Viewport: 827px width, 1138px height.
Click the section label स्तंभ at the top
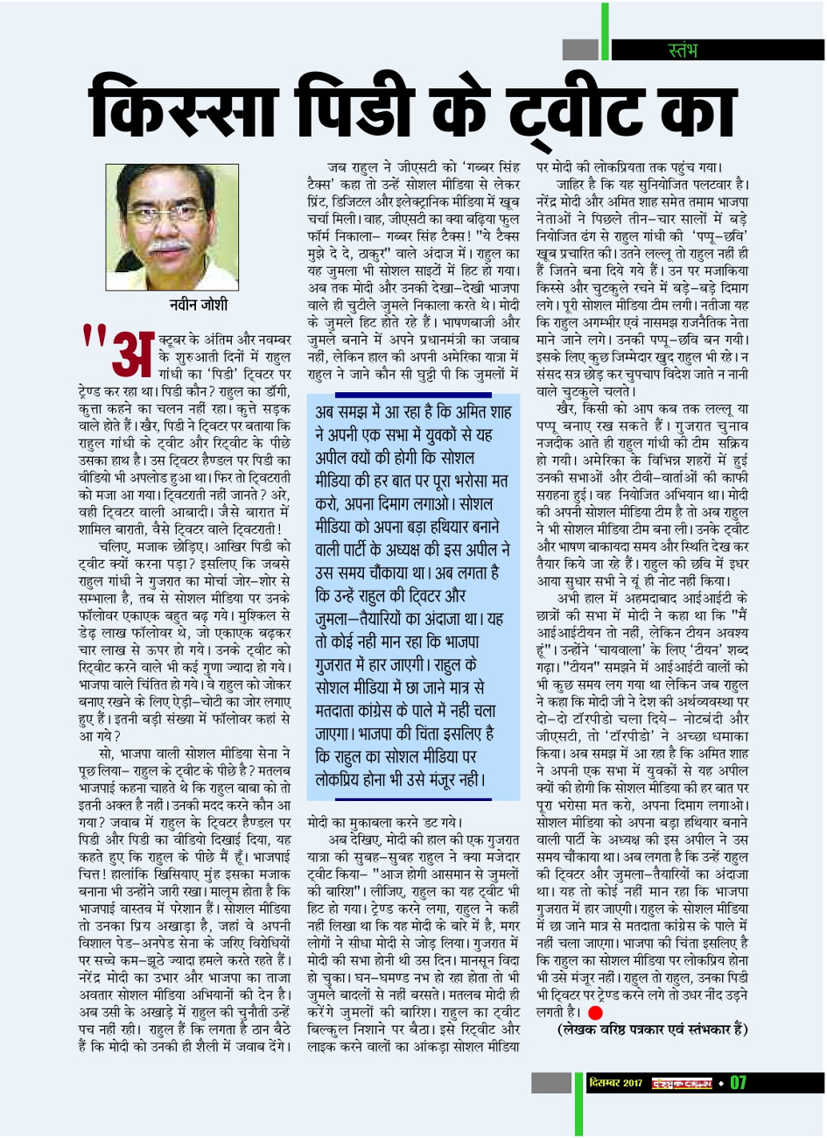(x=683, y=50)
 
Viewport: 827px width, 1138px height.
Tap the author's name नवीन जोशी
(x=199, y=305)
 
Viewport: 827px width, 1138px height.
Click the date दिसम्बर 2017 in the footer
(x=616, y=1083)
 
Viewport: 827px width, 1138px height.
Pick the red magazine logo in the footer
(x=680, y=1083)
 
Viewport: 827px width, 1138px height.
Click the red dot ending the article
(x=596, y=1013)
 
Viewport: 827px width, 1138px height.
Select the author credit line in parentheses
(x=653, y=1030)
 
